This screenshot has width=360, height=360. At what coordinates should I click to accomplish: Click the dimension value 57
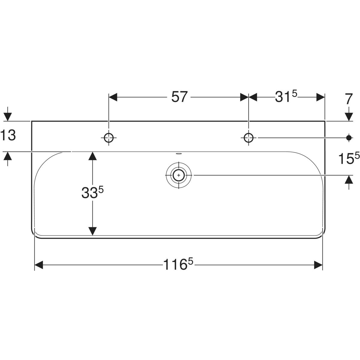point(179,97)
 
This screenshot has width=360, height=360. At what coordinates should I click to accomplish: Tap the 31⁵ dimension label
point(286,97)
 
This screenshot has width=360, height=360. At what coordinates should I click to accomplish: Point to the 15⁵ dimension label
point(349,158)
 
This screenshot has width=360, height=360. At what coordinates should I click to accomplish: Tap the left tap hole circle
point(109,138)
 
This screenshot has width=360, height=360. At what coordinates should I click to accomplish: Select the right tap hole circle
point(248,138)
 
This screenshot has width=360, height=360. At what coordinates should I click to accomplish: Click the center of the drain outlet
point(179,175)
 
